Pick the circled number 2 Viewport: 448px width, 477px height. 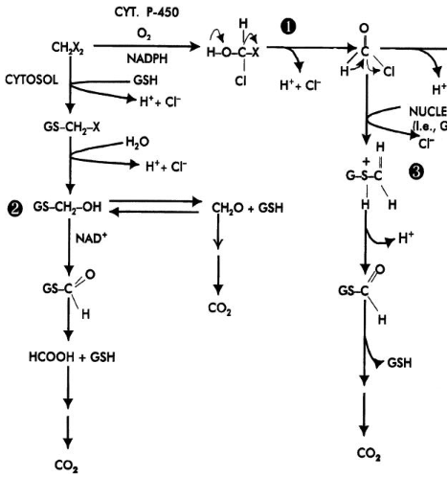[13, 207]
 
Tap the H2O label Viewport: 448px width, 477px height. [137, 141]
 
